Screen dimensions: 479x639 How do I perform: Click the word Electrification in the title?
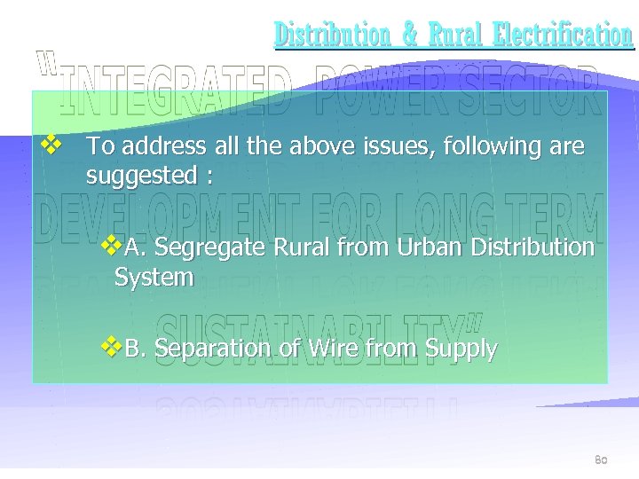click(563, 35)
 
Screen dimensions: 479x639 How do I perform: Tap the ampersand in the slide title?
click(410, 35)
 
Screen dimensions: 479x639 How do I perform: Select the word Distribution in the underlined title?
click(333, 35)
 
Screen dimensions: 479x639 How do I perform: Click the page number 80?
click(601, 459)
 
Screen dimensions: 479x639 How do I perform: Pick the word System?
click(154, 278)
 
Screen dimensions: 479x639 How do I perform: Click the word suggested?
click(142, 177)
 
